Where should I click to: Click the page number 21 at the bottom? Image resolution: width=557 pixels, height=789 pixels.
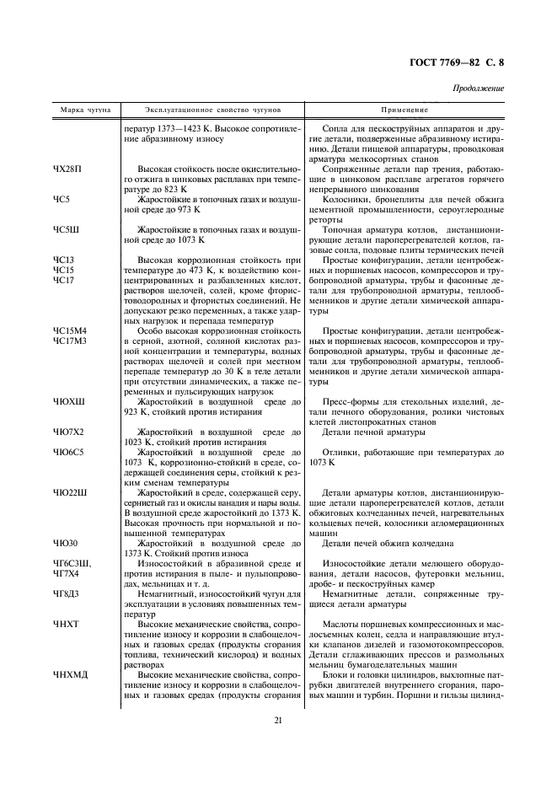277,719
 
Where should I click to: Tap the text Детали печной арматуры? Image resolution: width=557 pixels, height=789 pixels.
374,432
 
